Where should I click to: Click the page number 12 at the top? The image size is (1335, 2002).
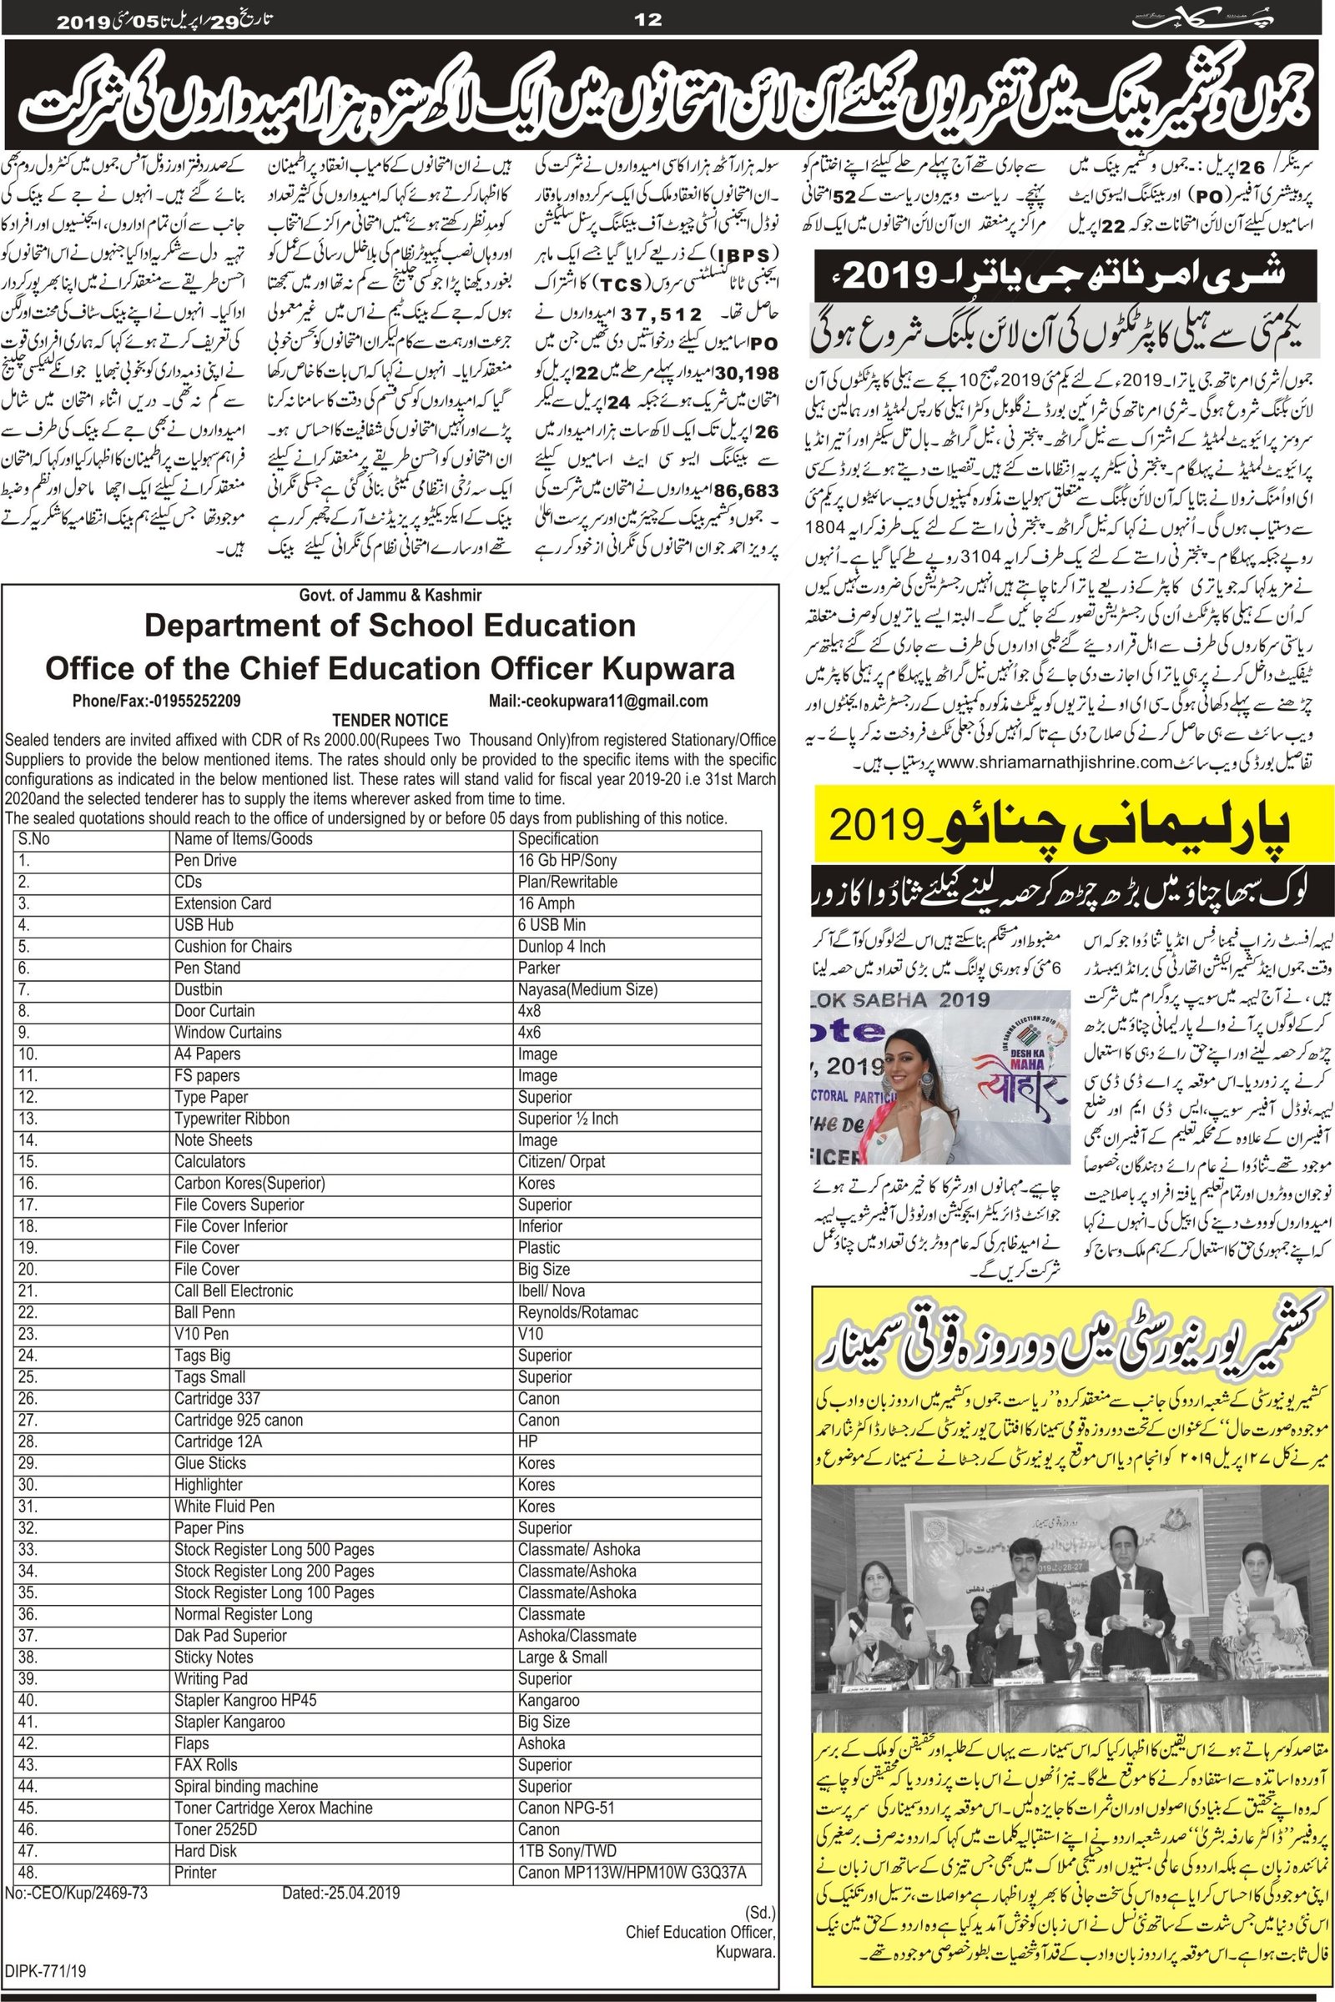coord(648,18)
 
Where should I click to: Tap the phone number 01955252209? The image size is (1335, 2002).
coord(194,702)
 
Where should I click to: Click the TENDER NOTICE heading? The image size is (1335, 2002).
coord(390,720)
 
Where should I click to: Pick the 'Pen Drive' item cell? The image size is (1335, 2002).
coord(205,861)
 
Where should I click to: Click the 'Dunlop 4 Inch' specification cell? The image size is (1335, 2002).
coord(561,947)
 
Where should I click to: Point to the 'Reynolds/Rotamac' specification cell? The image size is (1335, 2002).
coord(577,1311)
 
